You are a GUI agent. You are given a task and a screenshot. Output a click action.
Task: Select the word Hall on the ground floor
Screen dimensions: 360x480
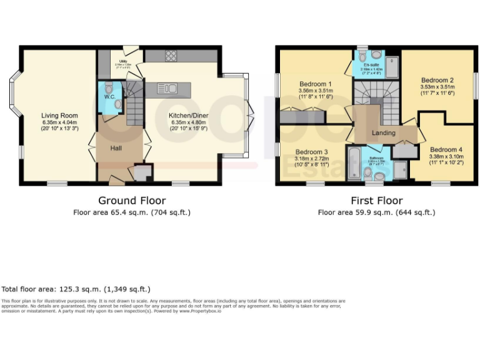(x=116, y=148)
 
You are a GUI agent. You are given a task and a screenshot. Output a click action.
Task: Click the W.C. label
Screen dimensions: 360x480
(x=109, y=97)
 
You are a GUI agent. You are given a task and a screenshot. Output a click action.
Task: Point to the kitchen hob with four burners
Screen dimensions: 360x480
(x=170, y=56)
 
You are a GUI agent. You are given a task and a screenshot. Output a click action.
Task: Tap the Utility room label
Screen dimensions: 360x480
(x=121, y=62)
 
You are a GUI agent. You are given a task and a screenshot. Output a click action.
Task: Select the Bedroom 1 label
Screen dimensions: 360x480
(x=315, y=84)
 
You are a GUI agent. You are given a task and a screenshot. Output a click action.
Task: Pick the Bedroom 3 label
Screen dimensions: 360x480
(x=311, y=152)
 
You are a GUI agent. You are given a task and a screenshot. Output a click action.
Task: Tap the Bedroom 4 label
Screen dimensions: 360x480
(x=446, y=149)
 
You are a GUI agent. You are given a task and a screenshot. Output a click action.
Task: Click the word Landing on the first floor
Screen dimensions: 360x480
(x=383, y=132)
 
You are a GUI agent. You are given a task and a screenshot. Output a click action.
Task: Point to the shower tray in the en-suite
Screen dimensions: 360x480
(x=392, y=66)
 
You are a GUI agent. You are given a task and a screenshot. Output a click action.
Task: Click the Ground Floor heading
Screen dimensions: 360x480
(x=132, y=201)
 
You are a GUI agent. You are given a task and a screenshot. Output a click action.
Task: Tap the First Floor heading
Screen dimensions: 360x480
(x=376, y=201)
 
